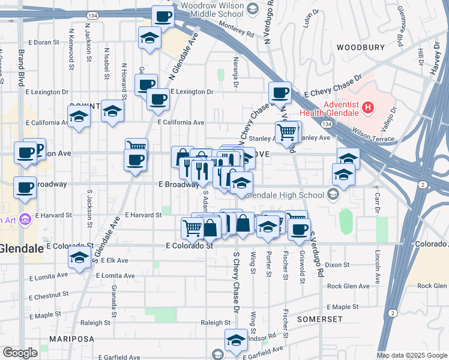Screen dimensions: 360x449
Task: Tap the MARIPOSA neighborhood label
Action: click(72, 339)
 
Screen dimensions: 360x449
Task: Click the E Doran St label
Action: click(43, 43)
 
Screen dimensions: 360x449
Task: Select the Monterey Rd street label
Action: click(237, 25)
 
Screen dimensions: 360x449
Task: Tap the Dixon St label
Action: click(338, 265)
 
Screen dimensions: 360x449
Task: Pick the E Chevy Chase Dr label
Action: click(333, 86)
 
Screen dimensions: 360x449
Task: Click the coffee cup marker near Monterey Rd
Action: click(162, 16)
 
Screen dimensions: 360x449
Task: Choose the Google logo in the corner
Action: click(20, 353)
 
